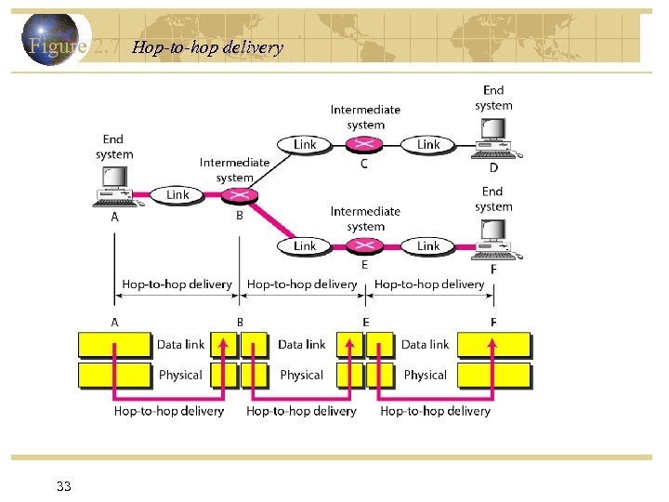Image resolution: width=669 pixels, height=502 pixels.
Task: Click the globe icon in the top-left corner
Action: click(x=51, y=39)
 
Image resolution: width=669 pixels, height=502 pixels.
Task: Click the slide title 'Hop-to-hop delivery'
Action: click(x=207, y=47)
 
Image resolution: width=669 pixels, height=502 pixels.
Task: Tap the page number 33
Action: click(x=64, y=486)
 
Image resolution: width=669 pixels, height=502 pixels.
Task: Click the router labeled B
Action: click(x=239, y=194)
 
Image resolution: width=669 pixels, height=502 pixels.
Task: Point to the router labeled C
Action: click(x=364, y=144)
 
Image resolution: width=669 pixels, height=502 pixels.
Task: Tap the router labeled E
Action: click(x=364, y=245)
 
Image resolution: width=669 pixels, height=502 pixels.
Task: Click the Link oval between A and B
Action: click(x=177, y=194)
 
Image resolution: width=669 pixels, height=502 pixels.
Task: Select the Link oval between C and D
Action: click(x=428, y=144)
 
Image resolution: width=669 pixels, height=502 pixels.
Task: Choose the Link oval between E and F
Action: click(x=428, y=245)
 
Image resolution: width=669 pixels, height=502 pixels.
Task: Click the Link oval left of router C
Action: click(x=304, y=144)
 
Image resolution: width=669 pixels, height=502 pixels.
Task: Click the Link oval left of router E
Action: click(x=304, y=245)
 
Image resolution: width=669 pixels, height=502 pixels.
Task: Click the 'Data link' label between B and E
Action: click(x=302, y=344)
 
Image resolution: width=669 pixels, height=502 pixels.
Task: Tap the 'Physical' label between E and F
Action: click(x=426, y=375)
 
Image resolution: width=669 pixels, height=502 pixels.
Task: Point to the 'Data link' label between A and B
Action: click(x=180, y=344)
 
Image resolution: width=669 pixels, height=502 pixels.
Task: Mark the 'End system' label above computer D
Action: click(x=493, y=98)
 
